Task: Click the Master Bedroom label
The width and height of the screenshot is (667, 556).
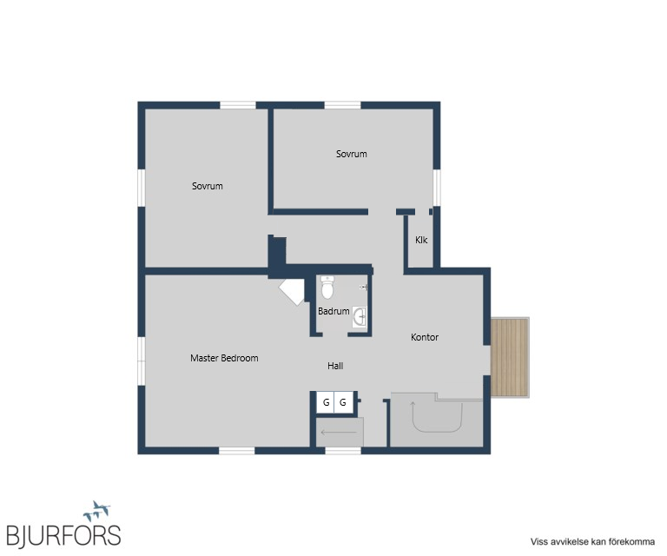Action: pos(224,358)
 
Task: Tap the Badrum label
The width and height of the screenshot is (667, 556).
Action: pos(333,311)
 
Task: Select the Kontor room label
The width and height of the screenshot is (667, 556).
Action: pos(425,337)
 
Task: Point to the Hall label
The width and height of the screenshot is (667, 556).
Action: pos(335,366)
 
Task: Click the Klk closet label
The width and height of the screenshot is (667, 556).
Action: pos(421,240)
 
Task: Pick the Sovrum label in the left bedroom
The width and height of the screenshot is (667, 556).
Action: pos(208,186)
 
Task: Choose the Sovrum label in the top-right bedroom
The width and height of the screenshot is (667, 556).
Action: pos(352,154)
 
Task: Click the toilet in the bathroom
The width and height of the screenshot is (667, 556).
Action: pos(327,288)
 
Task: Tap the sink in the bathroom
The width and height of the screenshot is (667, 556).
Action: pos(360,317)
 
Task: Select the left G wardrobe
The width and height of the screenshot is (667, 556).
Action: pos(326,402)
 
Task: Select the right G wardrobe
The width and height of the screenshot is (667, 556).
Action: pos(343,402)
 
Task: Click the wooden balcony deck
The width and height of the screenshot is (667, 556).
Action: pos(510,357)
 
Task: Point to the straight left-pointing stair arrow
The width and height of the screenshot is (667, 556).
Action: pos(339,433)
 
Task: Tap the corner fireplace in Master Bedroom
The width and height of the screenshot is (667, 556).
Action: pos(293,291)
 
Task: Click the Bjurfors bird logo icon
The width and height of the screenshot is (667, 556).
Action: pos(97,511)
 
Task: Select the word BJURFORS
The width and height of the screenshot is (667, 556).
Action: pos(63,535)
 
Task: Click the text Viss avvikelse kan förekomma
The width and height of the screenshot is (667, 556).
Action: pos(592,542)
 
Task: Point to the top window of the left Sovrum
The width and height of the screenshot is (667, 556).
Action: pos(238,105)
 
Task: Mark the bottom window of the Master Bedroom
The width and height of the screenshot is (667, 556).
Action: pos(237,451)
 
